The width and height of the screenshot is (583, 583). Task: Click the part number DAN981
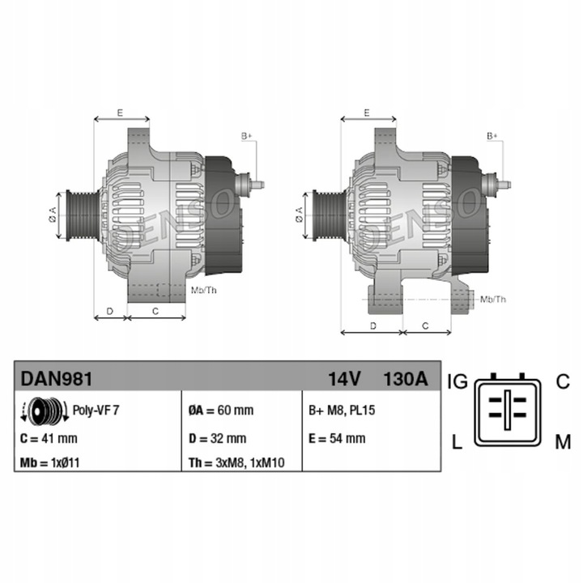[56, 378]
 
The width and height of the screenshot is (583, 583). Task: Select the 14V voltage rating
[344, 379]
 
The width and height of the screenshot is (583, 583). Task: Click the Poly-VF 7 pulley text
[96, 411]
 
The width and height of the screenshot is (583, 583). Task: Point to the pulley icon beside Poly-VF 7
[45, 412]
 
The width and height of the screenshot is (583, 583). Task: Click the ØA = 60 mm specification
[220, 411]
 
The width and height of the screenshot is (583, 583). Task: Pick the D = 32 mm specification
[217, 439]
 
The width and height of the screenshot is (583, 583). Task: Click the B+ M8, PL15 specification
[343, 411]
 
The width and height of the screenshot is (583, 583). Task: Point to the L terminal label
[457, 442]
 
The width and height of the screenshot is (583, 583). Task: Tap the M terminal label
[563, 442]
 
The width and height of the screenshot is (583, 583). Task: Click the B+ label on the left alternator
[246, 135]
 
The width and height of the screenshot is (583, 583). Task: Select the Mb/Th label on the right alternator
[492, 299]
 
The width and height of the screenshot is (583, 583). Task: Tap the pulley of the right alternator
[328, 215]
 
